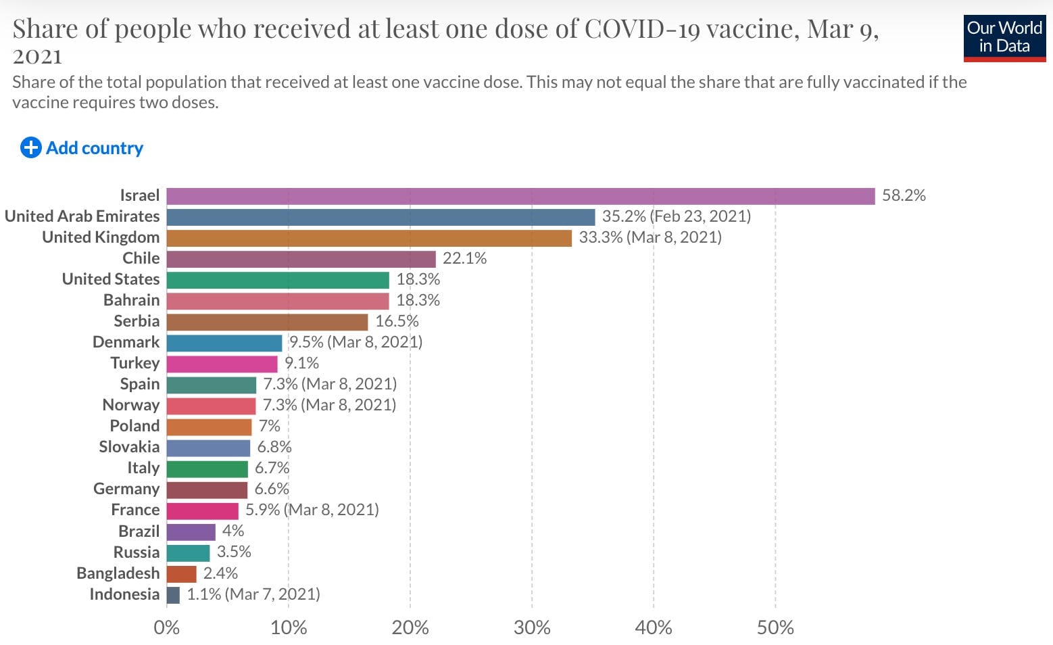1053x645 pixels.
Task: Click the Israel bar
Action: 520,196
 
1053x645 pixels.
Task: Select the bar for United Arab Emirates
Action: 381,217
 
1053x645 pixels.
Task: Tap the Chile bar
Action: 301,259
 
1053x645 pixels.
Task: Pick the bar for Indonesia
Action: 173,595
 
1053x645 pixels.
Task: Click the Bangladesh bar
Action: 181,574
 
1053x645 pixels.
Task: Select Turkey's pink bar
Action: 222,364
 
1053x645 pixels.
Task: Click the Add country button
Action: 82,147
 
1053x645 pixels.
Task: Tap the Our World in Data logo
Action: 1004,37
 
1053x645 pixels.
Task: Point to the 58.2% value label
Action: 904,195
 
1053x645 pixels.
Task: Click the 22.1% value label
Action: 464,258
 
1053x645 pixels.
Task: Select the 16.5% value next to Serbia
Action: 397,321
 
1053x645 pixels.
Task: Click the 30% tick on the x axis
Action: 532,627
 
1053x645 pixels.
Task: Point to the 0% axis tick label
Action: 166,627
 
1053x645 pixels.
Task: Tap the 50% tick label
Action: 775,627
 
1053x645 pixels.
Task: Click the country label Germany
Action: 126,489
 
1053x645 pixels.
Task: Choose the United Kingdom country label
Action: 101,237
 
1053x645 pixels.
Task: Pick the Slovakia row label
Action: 129,447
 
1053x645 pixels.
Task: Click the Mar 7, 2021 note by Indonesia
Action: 272,594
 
